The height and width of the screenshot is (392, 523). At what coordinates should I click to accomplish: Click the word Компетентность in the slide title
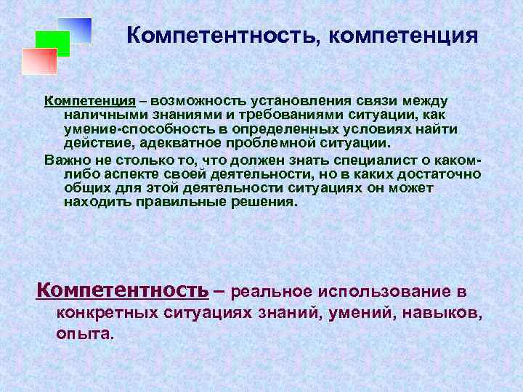[219, 36]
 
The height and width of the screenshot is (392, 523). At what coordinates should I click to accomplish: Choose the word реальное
[269, 292]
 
